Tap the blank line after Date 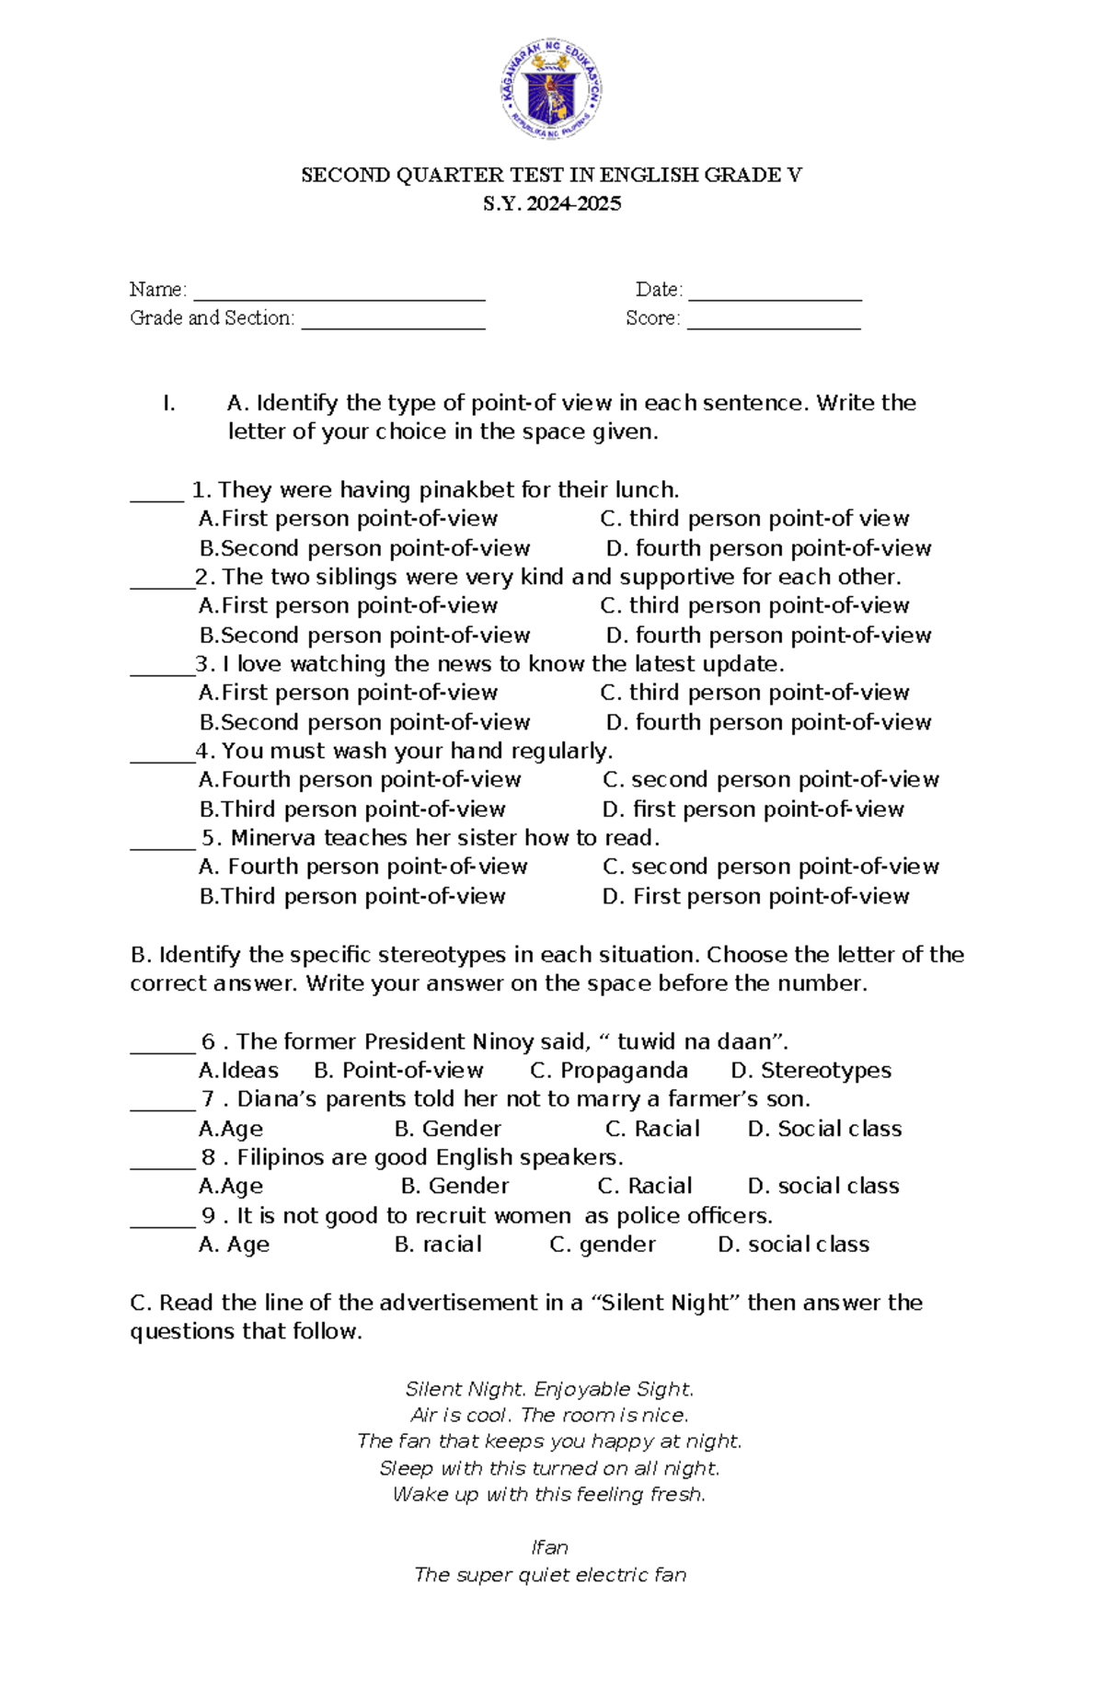775,293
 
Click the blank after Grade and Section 393,322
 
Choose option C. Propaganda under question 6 609,1071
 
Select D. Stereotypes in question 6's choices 811,1071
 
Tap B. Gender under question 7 447,1129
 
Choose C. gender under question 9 603,1245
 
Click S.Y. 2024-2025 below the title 552,203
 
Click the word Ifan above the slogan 549,1547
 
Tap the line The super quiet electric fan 550,1575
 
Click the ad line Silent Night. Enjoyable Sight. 550,1389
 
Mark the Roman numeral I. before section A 168,403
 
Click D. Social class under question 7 824,1129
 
